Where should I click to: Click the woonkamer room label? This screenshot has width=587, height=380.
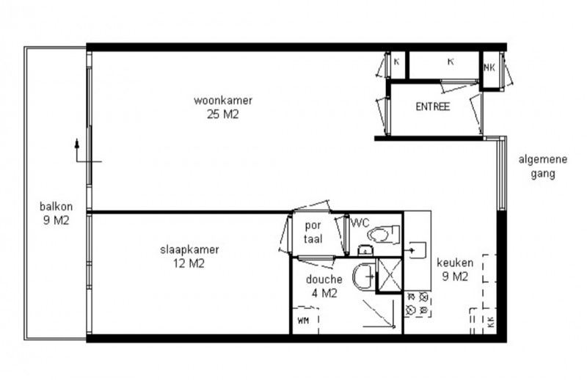click(x=223, y=101)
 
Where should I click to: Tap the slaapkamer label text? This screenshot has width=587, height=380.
click(x=189, y=249)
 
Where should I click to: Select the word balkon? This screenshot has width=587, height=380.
click(x=56, y=206)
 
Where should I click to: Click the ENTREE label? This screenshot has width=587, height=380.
click(x=433, y=106)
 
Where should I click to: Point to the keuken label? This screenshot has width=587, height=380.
click(x=455, y=263)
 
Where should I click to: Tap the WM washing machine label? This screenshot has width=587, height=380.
click(x=303, y=321)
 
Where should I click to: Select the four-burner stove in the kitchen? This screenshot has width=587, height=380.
click(x=418, y=304)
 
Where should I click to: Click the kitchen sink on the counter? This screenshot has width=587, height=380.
click(x=417, y=250)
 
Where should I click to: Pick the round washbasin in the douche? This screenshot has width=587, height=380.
click(x=362, y=277)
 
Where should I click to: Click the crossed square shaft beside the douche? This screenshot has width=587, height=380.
click(x=390, y=275)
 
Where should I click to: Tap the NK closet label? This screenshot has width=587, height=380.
click(x=489, y=67)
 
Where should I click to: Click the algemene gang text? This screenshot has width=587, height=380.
click(x=543, y=167)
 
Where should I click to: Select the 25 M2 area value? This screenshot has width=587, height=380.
click(x=223, y=114)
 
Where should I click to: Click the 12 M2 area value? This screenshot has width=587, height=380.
click(x=189, y=263)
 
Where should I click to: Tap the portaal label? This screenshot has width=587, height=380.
click(x=313, y=232)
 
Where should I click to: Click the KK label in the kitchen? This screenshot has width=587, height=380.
click(x=491, y=322)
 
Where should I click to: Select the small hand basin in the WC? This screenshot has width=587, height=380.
click(x=363, y=250)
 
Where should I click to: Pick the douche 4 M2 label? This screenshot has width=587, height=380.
click(x=324, y=286)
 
